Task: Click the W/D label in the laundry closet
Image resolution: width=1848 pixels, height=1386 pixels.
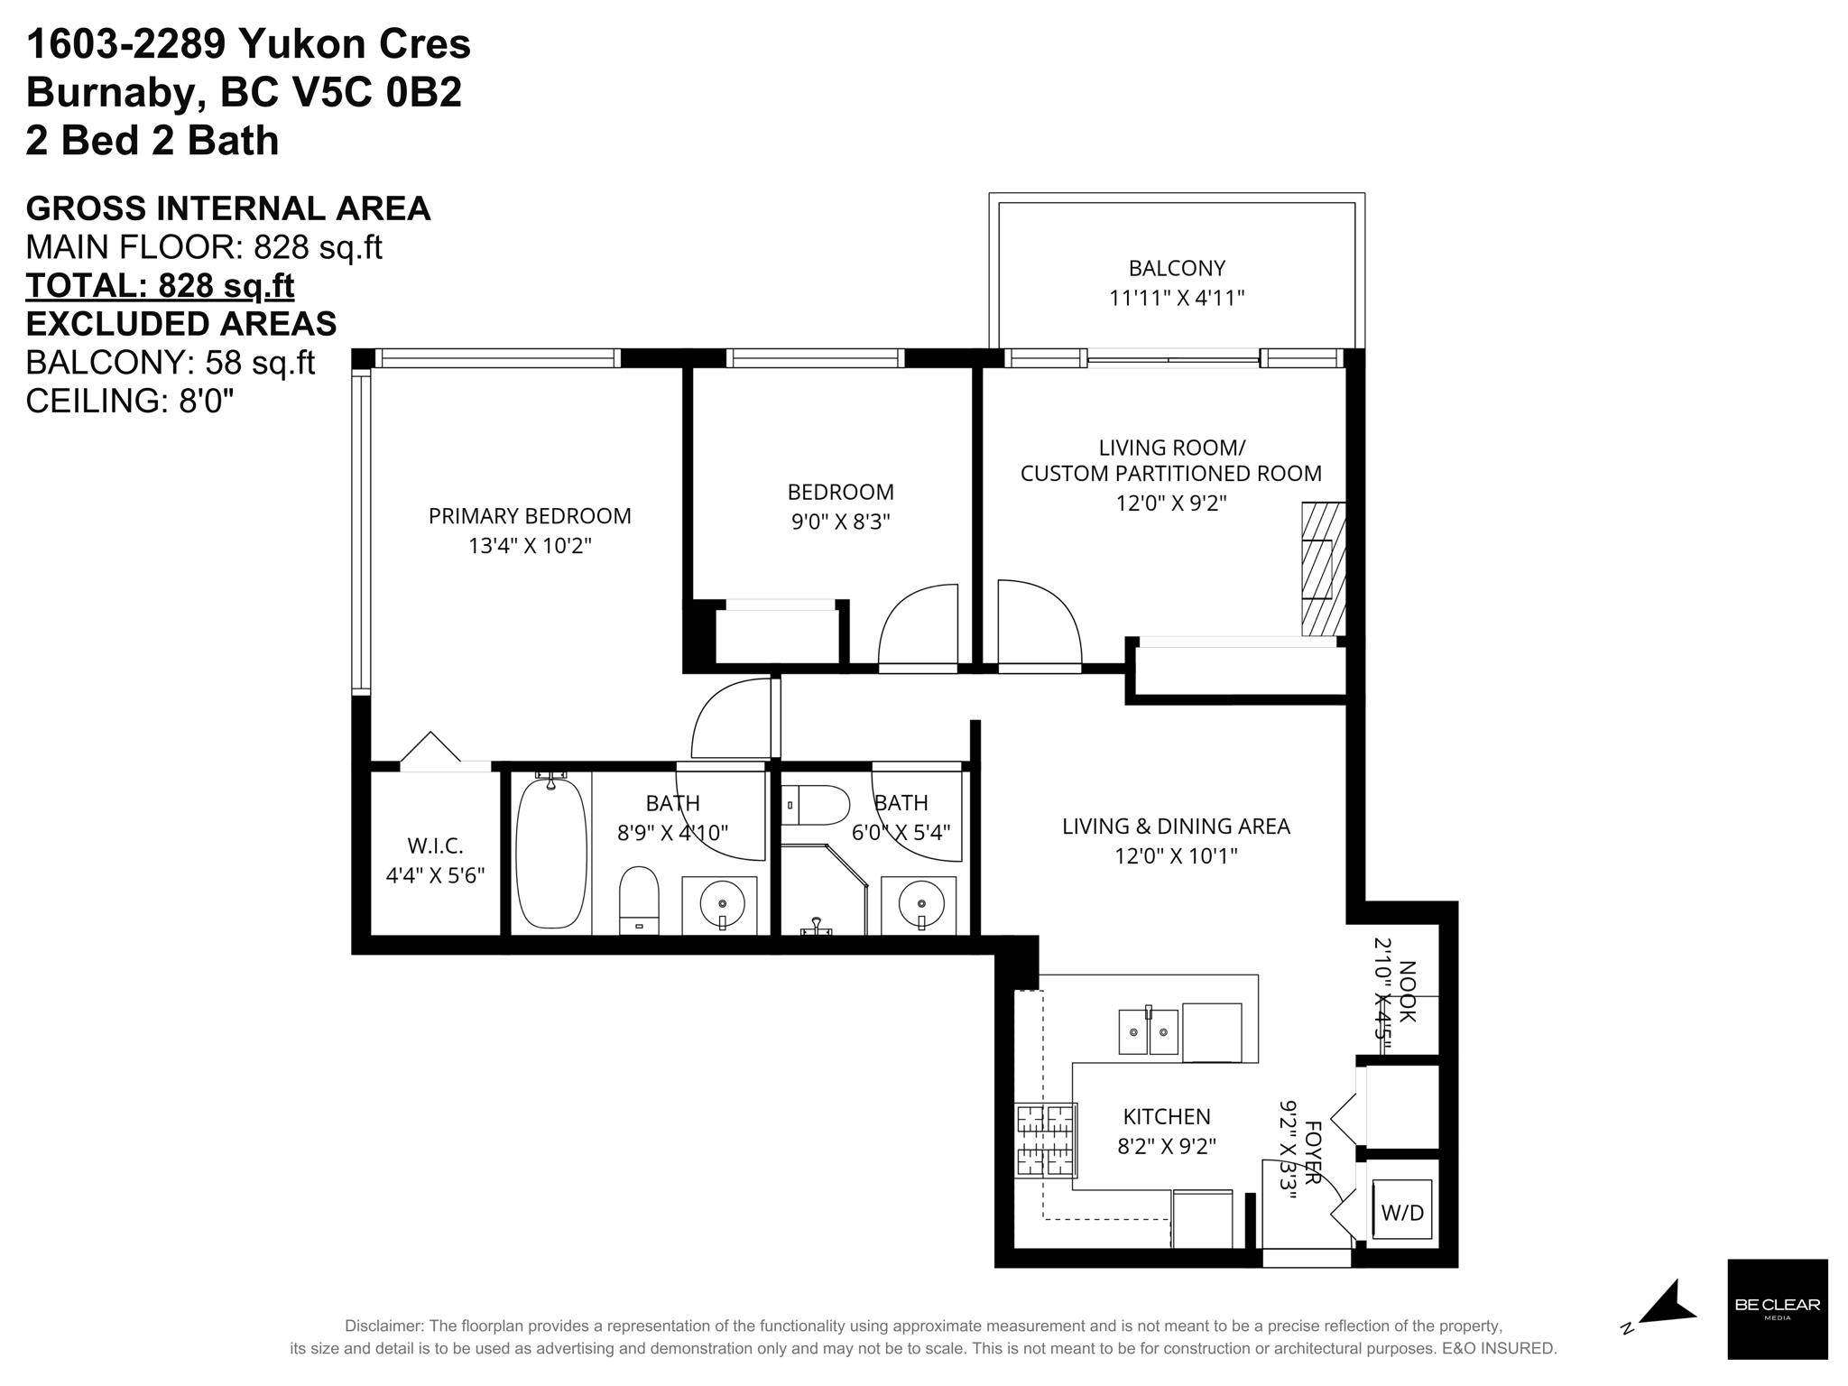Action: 1402,1213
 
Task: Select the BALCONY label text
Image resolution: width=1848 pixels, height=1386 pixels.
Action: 1177,268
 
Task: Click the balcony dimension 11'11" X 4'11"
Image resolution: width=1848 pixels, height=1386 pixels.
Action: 1177,298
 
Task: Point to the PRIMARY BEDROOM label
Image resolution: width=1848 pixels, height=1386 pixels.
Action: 530,516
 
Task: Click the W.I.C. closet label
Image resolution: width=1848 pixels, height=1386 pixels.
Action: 435,846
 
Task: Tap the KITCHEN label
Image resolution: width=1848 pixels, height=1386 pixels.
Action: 1167,1117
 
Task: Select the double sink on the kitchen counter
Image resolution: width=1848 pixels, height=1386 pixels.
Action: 1149,1031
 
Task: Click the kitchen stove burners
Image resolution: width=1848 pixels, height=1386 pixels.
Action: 1047,1141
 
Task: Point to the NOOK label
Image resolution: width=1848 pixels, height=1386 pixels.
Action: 1407,992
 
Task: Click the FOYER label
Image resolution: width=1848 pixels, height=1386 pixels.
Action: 1313,1152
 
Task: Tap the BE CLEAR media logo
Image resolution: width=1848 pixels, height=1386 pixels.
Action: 1778,1309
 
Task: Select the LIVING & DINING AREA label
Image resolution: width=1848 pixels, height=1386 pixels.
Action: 1176,827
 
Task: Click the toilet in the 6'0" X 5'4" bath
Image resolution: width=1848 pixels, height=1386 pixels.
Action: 817,805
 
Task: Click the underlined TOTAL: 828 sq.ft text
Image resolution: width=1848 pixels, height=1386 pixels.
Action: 160,285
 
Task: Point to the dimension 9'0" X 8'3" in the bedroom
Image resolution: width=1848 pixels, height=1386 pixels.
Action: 841,522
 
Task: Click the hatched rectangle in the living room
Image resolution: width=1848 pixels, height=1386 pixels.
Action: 1323,568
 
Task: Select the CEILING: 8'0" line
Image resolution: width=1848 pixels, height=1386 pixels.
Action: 130,401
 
